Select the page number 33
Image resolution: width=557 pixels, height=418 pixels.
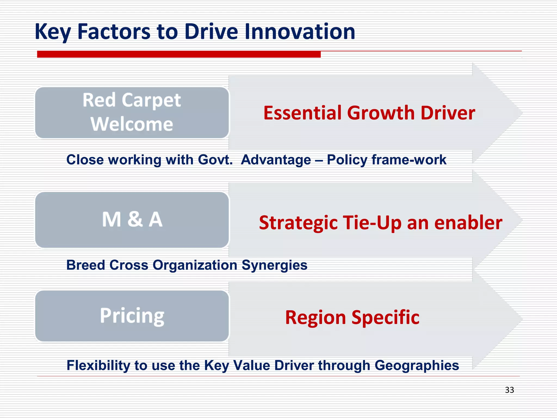509,390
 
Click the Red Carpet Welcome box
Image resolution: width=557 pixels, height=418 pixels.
132,112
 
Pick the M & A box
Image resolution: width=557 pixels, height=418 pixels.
132,220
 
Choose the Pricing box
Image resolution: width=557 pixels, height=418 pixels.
132,316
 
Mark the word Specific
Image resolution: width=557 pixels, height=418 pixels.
385,318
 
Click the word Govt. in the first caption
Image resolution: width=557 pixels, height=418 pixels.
215,160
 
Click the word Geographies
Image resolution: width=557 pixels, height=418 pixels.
417,365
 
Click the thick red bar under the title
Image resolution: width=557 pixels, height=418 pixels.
179,54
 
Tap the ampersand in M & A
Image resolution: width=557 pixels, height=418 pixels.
135,219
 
